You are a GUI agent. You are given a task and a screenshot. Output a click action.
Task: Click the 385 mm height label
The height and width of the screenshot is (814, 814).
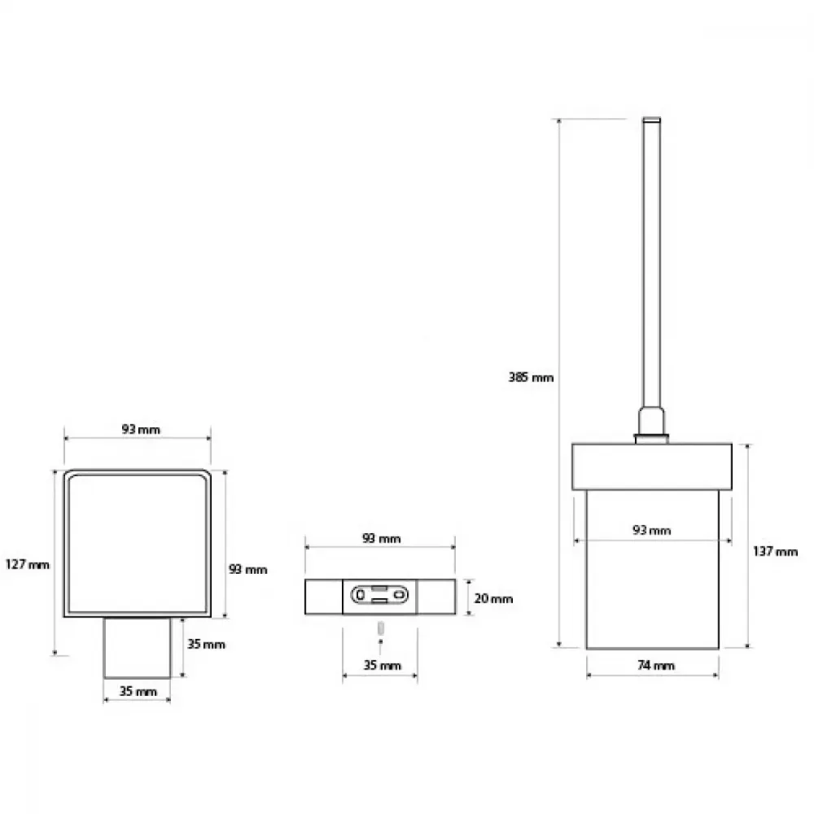(x=531, y=378)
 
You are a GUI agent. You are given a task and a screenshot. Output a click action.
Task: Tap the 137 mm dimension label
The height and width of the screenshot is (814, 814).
(x=775, y=551)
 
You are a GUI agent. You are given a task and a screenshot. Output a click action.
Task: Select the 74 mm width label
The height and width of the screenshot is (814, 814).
(x=655, y=665)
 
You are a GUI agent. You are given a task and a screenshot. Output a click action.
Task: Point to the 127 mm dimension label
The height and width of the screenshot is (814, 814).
(x=28, y=564)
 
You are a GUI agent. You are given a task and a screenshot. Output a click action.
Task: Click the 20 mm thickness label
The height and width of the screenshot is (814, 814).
(x=493, y=598)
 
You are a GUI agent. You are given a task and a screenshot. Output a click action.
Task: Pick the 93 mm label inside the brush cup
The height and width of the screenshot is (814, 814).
(x=651, y=530)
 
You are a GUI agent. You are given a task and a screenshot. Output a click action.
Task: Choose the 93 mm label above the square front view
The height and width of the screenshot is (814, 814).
(x=141, y=429)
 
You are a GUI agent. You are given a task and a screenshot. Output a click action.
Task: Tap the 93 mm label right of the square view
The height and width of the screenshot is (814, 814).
(x=247, y=570)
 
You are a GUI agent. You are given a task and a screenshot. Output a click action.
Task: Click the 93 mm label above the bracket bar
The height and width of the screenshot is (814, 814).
(x=381, y=538)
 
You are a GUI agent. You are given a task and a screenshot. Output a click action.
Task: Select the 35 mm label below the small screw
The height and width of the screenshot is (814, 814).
(x=382, y=665)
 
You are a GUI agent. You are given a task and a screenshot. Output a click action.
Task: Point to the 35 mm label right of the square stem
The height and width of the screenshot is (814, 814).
(x=206, y=644)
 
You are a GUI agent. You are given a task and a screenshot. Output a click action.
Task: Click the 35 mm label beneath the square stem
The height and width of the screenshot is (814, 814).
(x=138, y=691)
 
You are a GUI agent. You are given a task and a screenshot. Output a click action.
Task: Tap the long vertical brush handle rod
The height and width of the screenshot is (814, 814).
(x=651, y=265)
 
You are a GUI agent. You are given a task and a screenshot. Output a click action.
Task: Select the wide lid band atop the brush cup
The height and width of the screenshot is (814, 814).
(x=651, y=466)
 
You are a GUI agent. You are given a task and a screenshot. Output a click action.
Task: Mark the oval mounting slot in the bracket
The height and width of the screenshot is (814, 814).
(x=379, y=595)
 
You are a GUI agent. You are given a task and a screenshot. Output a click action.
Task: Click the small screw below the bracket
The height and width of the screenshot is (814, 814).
(x=380, y=628)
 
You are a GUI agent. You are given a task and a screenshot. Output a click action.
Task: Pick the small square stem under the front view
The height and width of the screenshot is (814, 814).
(x=137, y=648)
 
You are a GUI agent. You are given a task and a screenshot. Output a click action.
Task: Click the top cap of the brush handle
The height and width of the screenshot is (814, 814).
(x=651, y=120)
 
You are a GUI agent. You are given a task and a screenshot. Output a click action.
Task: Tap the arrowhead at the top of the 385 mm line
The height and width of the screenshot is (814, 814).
(x=559, y=121)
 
